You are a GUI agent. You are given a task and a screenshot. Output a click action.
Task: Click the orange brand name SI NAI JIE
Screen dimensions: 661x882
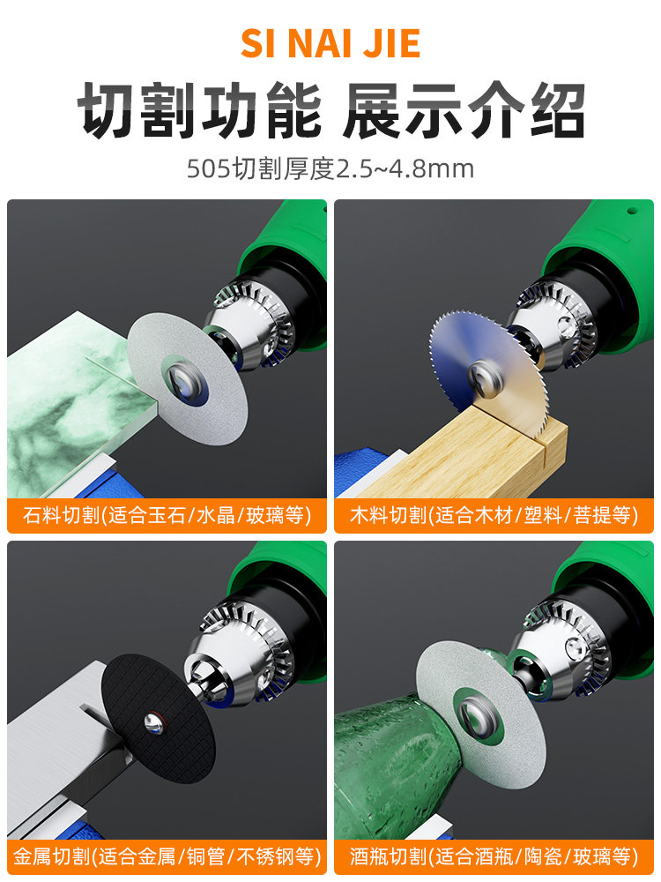point(330,43)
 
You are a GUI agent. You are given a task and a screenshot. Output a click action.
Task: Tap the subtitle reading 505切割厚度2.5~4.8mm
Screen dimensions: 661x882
point(330,168)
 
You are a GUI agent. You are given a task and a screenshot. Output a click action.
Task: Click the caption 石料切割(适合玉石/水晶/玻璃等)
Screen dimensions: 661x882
point(167,515)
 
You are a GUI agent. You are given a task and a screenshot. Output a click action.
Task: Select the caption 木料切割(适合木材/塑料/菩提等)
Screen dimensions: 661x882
point(494,515)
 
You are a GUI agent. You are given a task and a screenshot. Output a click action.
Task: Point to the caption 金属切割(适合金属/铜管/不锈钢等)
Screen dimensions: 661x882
point(167,856)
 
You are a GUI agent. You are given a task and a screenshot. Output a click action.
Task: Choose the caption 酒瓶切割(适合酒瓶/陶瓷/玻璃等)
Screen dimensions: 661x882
point(494,856)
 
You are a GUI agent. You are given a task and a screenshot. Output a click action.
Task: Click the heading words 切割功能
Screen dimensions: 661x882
point(199,109)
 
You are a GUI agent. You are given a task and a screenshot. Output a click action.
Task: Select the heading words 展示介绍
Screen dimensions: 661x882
point(464,109)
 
